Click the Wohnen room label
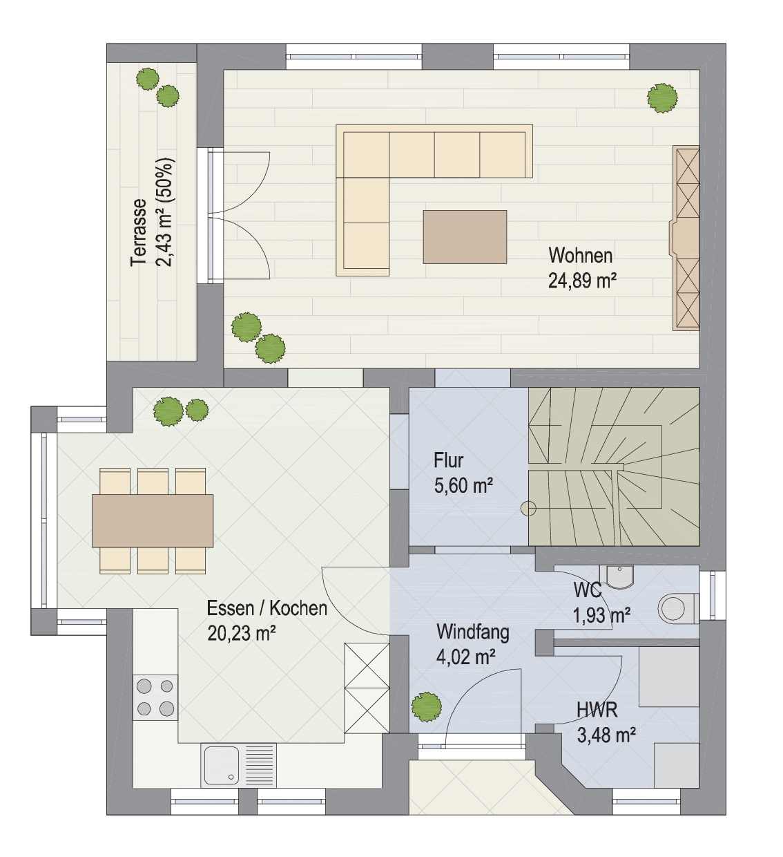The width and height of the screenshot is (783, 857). (580, 256)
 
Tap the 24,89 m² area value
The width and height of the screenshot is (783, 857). (582, 281)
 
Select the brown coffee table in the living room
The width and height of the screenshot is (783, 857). (465, 236)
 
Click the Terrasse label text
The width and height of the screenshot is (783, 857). (139, 234)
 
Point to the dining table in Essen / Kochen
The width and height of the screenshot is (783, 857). (153, 521)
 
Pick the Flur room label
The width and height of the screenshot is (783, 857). (448, 460)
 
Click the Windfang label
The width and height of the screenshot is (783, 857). (473, 632)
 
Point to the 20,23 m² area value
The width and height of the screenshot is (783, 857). (241, 633)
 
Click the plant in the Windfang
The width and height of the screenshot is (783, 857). (427, 708)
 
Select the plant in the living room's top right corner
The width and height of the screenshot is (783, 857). (662, 98)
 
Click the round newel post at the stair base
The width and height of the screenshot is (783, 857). (529, 509)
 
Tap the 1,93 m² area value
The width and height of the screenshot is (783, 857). (601, 616)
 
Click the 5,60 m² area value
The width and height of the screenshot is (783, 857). (463, 485)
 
